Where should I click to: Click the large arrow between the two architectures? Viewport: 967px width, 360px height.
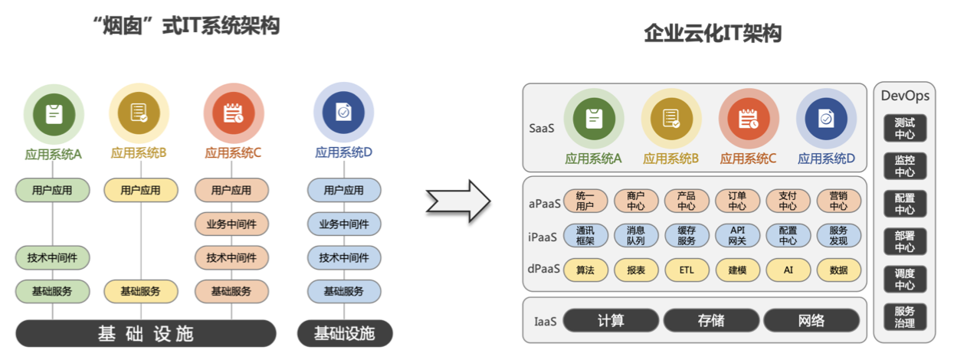click(x=457, y=201)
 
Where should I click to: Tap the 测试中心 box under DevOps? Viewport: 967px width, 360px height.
click(x=905, y=128)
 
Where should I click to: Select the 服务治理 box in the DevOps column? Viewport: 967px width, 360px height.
click(x=905, y=316)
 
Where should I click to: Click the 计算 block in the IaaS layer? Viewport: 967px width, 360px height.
click(x=611, y=320)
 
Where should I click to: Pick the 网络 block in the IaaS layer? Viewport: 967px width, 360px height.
click(x=811, y=320)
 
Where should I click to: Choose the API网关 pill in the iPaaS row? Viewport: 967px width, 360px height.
click(x=737, y=235)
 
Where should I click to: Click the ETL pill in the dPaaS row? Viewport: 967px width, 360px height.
click(x=687, y=270)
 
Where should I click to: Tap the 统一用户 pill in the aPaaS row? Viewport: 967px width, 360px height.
click(x=585, y=201)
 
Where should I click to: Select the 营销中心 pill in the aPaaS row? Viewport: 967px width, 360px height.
click(x=838, y=201)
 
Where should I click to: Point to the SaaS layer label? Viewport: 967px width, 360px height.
click(x=541, y=128)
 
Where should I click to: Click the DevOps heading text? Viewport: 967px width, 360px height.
click(x=905, y=96)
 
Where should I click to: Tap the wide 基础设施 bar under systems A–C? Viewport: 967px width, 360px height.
click(x=146, y=333)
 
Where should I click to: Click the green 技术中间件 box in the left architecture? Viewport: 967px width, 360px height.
click(x=53, y=257)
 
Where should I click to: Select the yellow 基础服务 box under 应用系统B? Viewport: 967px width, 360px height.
click(x=140, y=291)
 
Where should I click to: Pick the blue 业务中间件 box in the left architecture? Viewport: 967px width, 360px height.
click(x=344, y=224)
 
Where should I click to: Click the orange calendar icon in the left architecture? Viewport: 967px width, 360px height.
click(x=233, y=113)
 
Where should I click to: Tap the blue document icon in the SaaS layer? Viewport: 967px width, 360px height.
click(x=826, y=119)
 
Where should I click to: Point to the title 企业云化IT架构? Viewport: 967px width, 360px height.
click(x=713, y=34)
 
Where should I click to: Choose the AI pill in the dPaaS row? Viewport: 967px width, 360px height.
click(x=788, y=270)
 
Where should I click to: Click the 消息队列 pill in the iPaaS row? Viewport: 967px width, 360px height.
click(x=636, y=235)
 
